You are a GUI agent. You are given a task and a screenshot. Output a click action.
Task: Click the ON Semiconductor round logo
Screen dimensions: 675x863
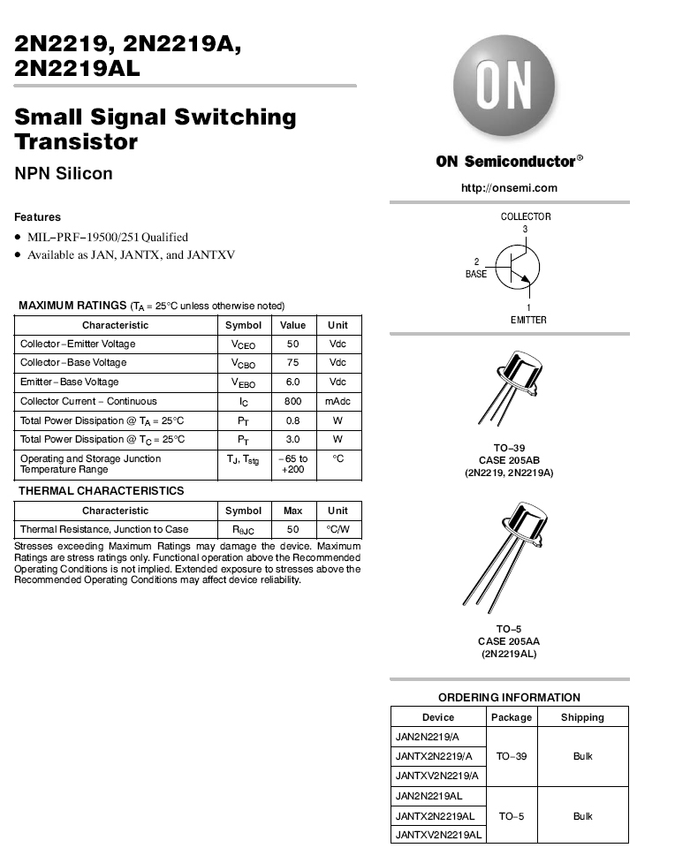[x=504, y=86]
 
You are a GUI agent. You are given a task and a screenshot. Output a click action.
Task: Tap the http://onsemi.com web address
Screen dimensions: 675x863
[x=509, y=187]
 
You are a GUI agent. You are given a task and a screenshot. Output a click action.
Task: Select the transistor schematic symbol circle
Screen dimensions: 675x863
[x=518, y=268]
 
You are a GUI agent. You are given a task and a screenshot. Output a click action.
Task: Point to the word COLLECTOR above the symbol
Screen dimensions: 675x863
[x=526, y=216]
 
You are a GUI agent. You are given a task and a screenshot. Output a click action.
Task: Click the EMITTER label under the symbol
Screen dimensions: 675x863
[x=528, y=320]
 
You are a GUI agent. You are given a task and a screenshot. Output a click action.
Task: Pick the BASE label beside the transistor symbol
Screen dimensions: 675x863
[x=476, y=274]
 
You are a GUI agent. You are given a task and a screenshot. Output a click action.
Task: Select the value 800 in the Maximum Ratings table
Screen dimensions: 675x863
[x=293, y=401]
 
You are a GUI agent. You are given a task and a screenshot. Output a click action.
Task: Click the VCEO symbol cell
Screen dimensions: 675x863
[x=243, y=344]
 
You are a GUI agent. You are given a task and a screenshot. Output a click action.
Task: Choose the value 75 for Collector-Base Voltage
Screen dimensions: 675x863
[x=293, y=363]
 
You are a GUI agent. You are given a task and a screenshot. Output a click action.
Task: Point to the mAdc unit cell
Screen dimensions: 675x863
[x=338, y=401]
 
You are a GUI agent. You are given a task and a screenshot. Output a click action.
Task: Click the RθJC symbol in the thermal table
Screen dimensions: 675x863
[x=243, y=530]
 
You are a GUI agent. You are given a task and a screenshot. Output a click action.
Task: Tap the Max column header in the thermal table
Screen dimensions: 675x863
[x=293, y=511]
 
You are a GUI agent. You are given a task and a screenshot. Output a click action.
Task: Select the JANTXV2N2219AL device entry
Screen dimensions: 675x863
[x=438, y=835]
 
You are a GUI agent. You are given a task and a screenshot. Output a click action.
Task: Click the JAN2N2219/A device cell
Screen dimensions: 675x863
[x=428, y=737]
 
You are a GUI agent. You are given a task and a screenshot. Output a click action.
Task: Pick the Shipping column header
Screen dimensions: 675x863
[x=582, y=717]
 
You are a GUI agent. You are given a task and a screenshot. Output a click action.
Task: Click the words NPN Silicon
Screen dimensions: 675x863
[x=64, y=173]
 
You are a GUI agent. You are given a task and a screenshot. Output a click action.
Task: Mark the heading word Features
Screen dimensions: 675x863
[x=37, y=216]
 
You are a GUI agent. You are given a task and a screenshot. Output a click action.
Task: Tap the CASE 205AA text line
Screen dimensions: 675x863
[x=509, y=641]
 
